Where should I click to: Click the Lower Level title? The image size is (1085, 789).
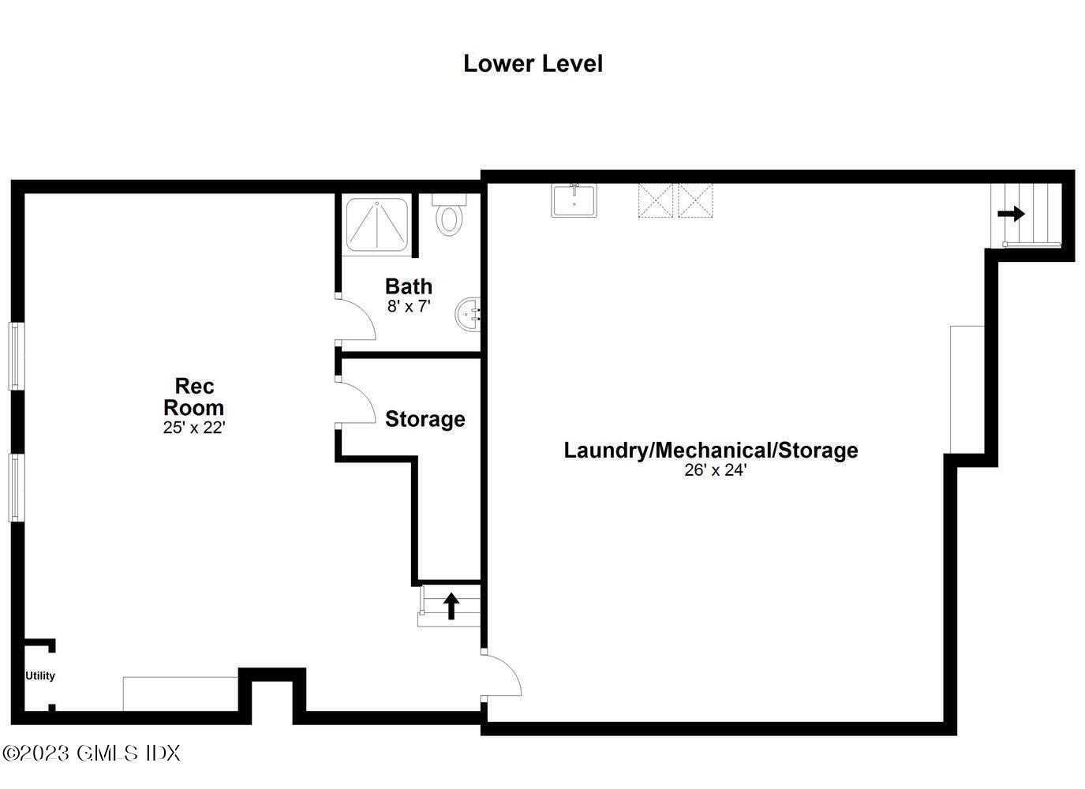click(x=533, y=64)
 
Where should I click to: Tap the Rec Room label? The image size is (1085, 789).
click(x=194, y=397)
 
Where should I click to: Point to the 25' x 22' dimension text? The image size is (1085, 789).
click(x=194, y=428)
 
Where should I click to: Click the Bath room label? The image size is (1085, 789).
click(x=408, y=286)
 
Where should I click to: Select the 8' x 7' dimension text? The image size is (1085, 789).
click(x=408, y=306)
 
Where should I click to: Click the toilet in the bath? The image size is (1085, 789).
click(x=450, y=215)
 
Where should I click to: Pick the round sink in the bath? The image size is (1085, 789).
click(x=468, y=314)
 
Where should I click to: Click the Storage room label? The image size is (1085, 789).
click(x=425, y=419)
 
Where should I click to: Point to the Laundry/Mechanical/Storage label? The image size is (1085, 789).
click(x=710, y=451)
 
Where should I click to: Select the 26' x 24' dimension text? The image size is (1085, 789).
click(x=715, y=470)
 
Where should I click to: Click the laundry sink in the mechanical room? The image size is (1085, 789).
click(x=574, y=200)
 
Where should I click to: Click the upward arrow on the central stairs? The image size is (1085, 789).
click(x=451, y=606)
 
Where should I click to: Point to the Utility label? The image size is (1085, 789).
click(x=40, y=676)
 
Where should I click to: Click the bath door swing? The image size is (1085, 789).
click(x=355, y=320)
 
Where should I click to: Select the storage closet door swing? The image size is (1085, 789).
click(x=355, y=402)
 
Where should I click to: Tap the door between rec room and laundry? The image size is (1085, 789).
click(x=501, y=675)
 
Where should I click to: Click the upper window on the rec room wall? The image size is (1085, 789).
click(x=15, y=355)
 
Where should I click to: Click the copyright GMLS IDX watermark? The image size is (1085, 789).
click(x=92, y=753)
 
